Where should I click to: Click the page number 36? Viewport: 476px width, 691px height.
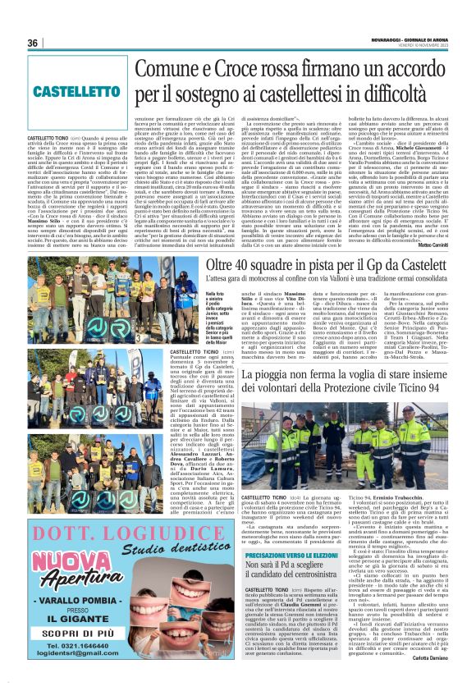point(33,43)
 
